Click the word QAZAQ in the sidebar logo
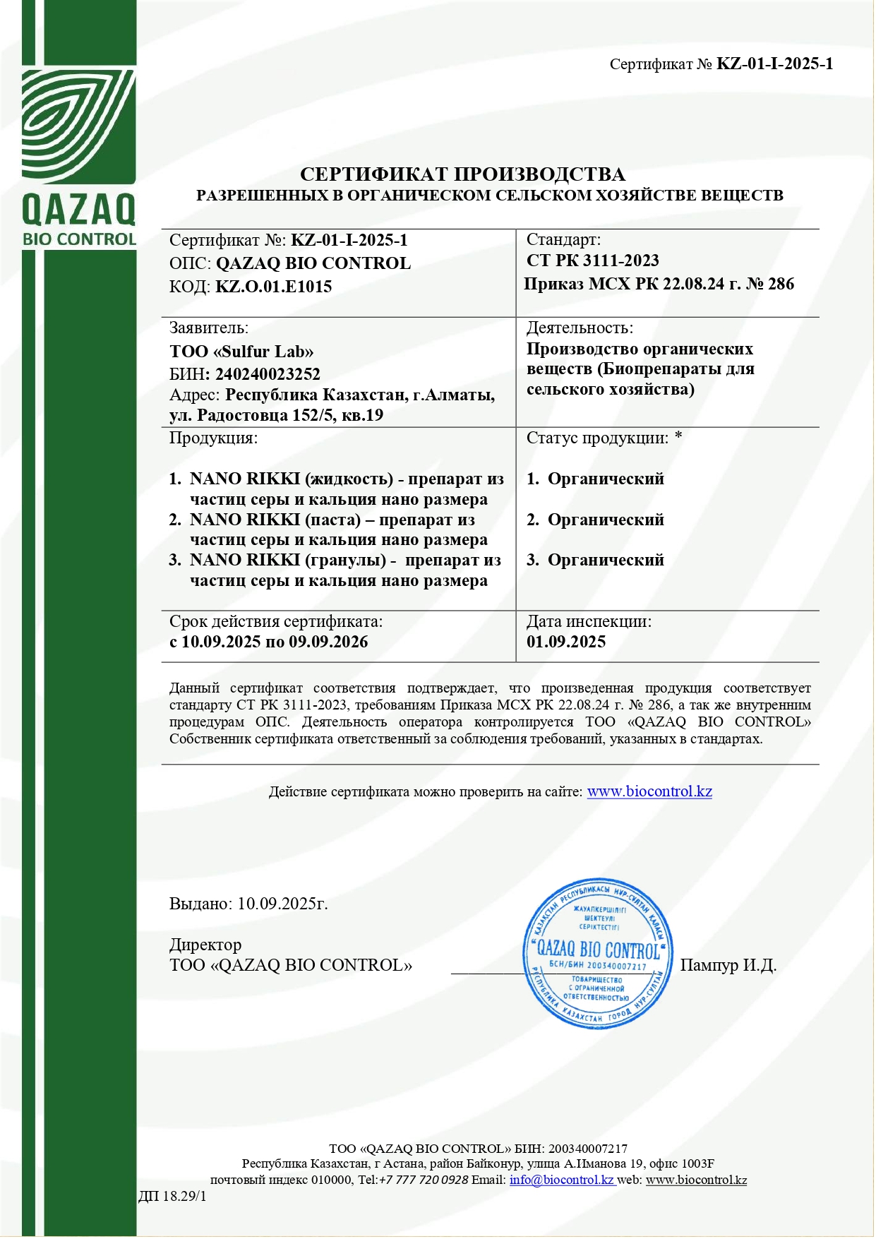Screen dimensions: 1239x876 pos(78,210)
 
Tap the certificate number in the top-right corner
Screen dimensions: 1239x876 pos(774,64)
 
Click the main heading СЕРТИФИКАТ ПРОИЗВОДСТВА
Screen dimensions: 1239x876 pos(462,174)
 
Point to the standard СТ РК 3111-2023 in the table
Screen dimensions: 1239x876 pos(592,261)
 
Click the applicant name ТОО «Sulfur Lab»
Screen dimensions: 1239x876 pos(241,352)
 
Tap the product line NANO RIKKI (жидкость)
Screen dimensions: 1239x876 pos(291,479)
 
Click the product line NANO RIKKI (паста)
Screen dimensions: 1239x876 pos(275,520)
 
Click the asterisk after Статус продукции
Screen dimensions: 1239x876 pos(678,437)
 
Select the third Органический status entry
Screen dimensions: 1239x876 pos(606,560)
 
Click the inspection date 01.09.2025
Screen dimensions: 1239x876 pos(566,642)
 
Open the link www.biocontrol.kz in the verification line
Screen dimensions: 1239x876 pos(649,791)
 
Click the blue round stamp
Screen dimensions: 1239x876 pos(597,953)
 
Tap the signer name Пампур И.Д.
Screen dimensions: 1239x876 pos(728,965)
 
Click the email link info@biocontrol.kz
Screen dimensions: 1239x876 pos(562,1180)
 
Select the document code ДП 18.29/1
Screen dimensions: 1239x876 pos(172,1196)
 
